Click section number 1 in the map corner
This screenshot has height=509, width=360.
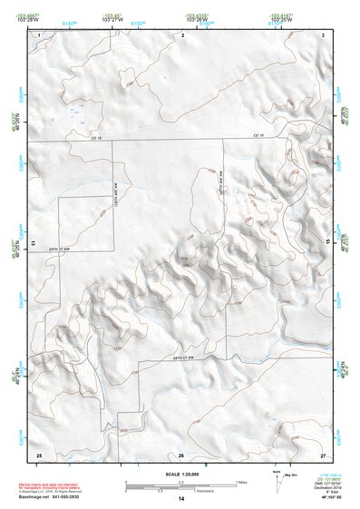40,34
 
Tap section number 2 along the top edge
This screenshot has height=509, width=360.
183,34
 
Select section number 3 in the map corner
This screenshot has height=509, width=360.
322,34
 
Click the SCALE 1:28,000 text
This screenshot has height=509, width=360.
180,473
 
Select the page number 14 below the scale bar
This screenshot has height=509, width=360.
180,499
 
